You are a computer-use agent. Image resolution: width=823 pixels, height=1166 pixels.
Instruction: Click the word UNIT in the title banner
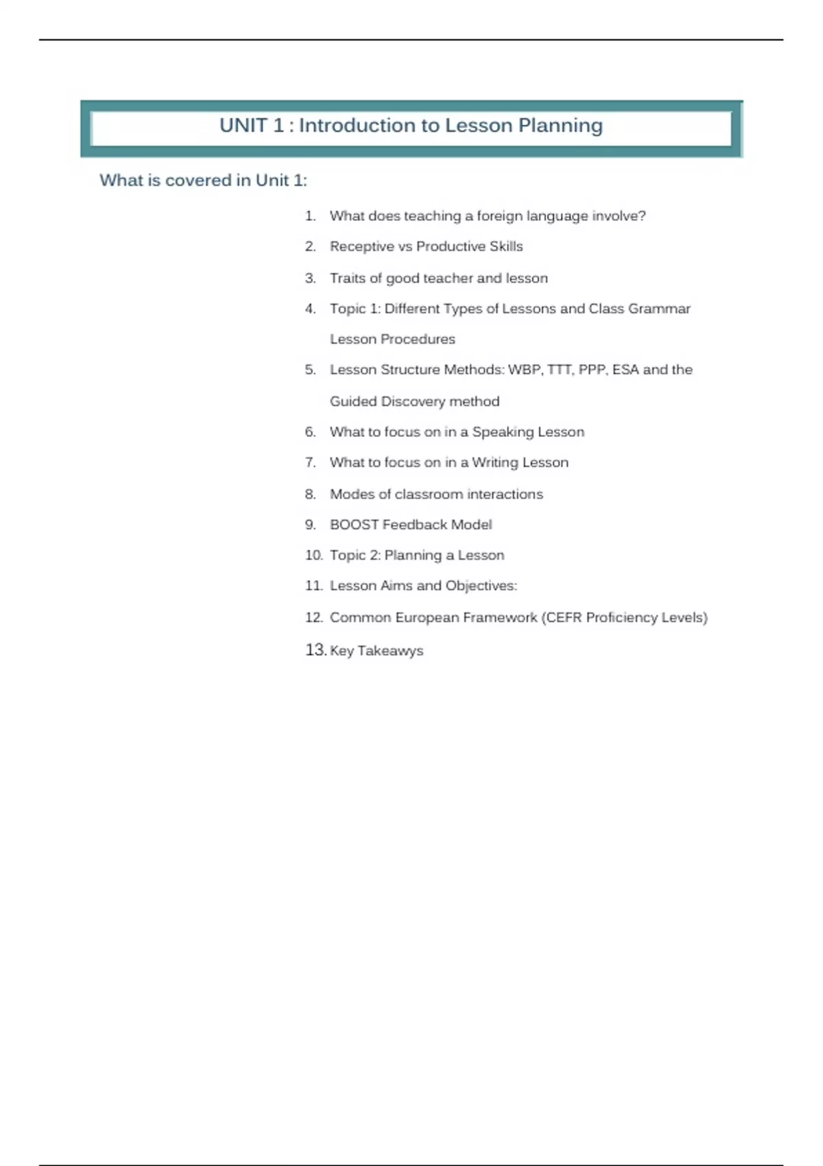[243, 126]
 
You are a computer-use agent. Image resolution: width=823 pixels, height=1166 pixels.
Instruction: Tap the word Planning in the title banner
[560, 126]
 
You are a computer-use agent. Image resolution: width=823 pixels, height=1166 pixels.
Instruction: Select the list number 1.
[310, 216]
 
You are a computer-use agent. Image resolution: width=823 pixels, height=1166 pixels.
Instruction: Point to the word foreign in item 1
[499, 216]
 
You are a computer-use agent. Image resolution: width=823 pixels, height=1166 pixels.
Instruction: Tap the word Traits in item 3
[347, 278]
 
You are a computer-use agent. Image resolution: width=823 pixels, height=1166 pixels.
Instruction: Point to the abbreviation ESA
[625, 370]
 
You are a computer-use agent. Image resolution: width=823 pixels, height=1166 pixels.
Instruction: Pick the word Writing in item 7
[494, 462]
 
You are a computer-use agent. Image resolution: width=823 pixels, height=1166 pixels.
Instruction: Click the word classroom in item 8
[429, 494]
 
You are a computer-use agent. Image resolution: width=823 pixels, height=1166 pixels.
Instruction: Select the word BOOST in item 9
[354, 525]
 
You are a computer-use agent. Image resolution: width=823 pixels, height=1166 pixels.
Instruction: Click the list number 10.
[313, 555]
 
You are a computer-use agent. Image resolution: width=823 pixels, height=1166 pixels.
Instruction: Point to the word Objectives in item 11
[481, 586]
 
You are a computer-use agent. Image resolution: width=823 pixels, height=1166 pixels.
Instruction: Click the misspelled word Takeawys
[390, 651]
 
